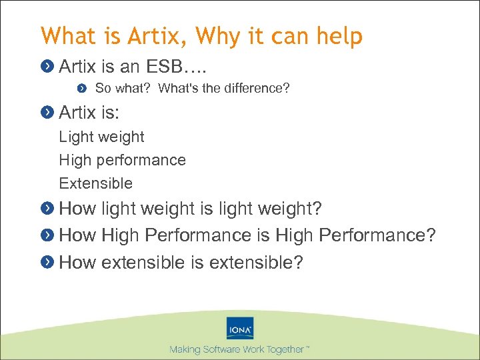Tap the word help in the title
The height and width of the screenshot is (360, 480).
coord(339,35)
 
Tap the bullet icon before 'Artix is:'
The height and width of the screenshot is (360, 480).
coord(47,112)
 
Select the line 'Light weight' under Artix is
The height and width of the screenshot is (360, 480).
coord(101,137)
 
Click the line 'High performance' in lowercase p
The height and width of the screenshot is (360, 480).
coord(122,160)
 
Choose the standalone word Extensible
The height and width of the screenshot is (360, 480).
coord(95,183)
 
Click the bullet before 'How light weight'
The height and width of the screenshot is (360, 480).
coord(47,209)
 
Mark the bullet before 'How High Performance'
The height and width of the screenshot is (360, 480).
coord(47,236)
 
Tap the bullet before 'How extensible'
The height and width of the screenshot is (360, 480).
coord(47,263)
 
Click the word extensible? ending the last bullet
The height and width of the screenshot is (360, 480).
coord(256,263)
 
